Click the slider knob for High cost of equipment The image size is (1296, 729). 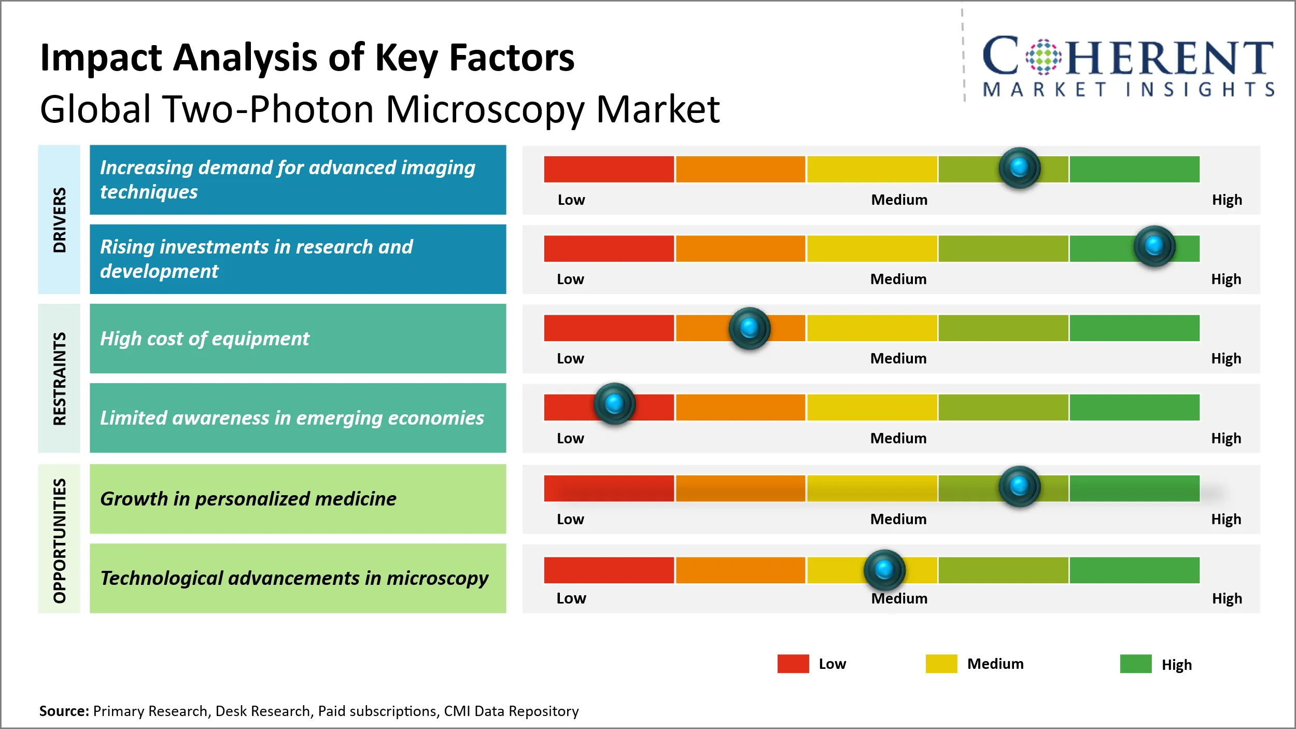[749, 328]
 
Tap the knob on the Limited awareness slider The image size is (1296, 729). [614, 403]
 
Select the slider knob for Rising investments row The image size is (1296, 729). [1154, 246]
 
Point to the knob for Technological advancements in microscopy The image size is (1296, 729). [884, 569]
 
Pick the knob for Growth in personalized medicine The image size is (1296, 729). [1019, 486]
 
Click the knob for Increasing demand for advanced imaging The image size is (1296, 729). [1019, 167]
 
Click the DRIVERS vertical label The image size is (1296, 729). [60, 220]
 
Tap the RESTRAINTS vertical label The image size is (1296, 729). [60, 378]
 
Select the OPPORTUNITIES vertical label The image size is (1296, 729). [60, 540]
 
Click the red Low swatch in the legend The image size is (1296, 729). [793, 664]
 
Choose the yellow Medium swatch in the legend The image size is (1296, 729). [941, 664]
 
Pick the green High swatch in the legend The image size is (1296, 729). [1135, 664]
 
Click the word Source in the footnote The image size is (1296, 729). [64, 711]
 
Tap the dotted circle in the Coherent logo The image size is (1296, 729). [1044, 57]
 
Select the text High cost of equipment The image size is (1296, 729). [204, 339]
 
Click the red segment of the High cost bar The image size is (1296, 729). [609, 328]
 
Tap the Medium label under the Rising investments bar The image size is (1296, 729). [898, 279]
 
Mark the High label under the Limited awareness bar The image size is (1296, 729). [1225, 438]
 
